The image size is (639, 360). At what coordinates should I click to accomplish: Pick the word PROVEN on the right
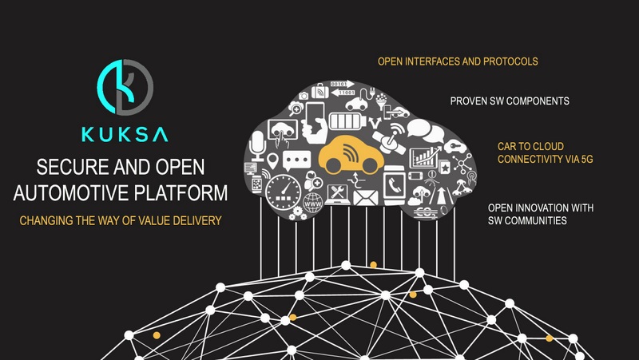[x=470, y=101]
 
